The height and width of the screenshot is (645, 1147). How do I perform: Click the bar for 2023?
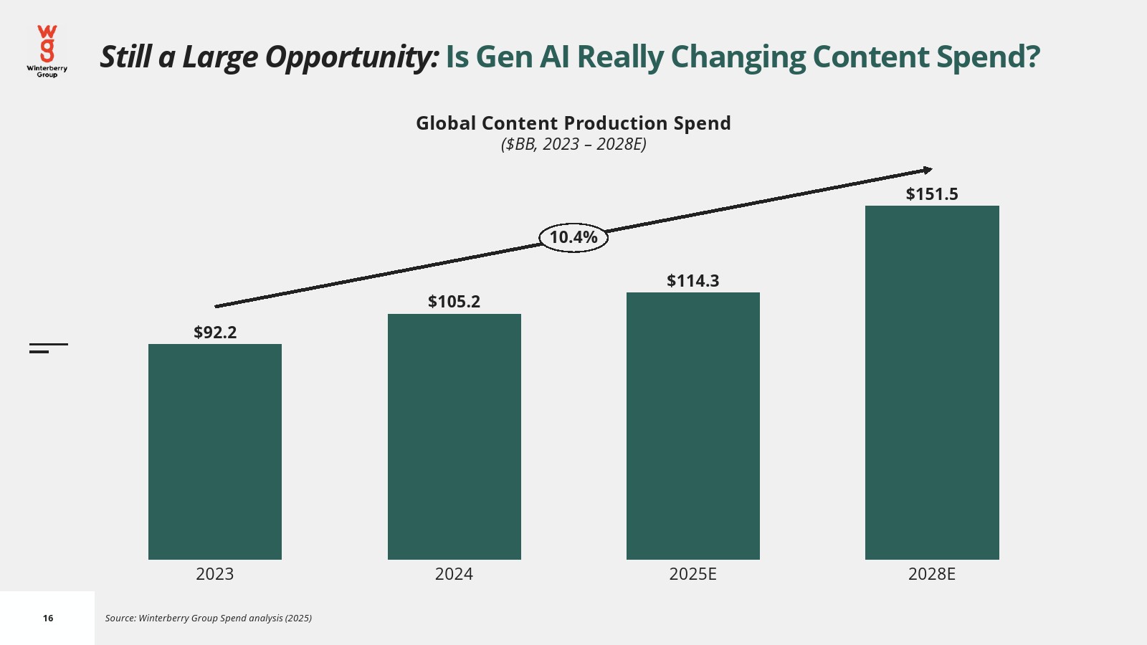pos(215,451)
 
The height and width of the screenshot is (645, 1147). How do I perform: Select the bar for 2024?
pos(454,436)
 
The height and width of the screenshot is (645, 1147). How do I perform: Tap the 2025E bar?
pos(693,426)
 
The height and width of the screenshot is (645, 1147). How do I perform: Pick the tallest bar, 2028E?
pos(932,383)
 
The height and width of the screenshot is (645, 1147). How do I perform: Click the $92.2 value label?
pos(215,333)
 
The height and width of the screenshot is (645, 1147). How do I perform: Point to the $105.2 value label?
pos(454,302)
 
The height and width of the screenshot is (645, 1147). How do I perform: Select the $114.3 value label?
pos(693,281)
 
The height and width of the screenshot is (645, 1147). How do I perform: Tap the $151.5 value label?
pos(932,194)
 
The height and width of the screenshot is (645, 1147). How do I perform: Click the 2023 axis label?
pos(215,574)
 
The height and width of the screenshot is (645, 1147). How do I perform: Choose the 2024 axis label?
pos(454,574)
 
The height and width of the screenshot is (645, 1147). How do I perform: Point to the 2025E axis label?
pos(693,574)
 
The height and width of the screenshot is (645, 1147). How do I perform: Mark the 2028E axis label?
pos(932,574)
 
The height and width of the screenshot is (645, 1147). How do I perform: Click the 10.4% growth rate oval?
pos(573,237)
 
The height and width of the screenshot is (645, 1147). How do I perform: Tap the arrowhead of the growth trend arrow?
pos(928,170)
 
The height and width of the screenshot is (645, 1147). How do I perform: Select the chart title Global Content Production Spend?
pos(573,123)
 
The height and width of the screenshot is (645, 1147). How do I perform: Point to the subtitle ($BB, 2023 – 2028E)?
pos(573,144)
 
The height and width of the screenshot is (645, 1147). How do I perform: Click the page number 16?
pos(48,618)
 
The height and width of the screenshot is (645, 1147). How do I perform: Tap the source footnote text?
pos(209,618)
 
